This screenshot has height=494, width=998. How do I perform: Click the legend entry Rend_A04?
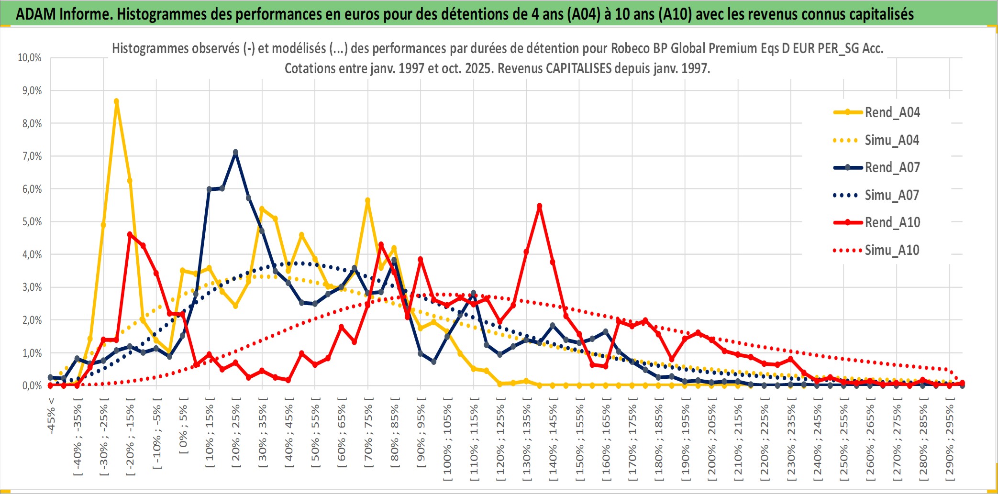(892, 112)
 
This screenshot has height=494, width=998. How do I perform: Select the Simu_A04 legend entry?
(892, 140)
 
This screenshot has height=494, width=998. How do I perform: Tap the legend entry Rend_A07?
(892, 167)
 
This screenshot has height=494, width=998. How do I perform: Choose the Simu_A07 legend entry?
(892, 195)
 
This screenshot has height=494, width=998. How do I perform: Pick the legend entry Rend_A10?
(892, 222)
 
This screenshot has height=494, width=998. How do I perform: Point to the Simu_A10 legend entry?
(892, 250)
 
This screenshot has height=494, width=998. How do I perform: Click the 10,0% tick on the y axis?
(30, 58)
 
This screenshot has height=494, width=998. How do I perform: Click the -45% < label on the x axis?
(51, 416)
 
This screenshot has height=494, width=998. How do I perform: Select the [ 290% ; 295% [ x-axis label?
(950, 442)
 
